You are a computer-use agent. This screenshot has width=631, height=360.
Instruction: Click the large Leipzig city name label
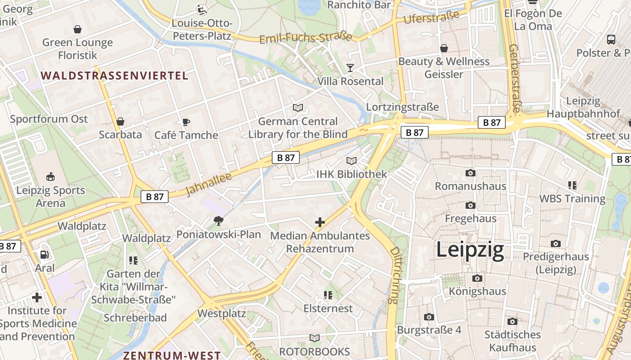pos(470,250)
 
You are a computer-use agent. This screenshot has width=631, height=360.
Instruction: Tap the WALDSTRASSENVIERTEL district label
pos(114,76)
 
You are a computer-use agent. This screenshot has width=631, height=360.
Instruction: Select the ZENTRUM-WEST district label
pos(172,355)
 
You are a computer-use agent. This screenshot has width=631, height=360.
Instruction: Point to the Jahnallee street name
pos(209,184)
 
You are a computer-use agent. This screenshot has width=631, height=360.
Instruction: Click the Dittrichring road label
pos(394,274)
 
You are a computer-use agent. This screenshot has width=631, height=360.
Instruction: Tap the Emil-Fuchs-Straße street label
pos(306,38)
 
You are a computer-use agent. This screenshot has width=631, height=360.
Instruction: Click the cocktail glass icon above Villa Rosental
pos(350,68)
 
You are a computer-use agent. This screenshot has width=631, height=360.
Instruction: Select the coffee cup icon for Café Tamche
pos(186,122)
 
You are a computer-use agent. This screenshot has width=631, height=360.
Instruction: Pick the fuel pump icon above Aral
pos(44,255)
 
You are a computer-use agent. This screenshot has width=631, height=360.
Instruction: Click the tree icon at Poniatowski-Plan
pos(219,221)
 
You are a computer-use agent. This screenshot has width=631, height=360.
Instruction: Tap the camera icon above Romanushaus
pos(470,173)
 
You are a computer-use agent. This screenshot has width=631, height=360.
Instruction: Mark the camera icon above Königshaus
pos(477,278)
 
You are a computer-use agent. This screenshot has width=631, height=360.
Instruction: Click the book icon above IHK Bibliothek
pos(352,161)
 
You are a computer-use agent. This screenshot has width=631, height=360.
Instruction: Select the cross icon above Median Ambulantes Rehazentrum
pos(320,222)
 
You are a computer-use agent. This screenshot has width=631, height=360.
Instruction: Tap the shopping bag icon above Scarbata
pos(120,121)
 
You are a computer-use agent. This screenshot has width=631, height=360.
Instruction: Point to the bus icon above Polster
pos(611,40)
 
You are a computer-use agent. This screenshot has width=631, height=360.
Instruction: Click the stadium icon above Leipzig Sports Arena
pos(50,177)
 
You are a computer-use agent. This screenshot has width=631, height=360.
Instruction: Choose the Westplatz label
pos(221,313)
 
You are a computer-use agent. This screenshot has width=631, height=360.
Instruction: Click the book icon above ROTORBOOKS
pos(315,338)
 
